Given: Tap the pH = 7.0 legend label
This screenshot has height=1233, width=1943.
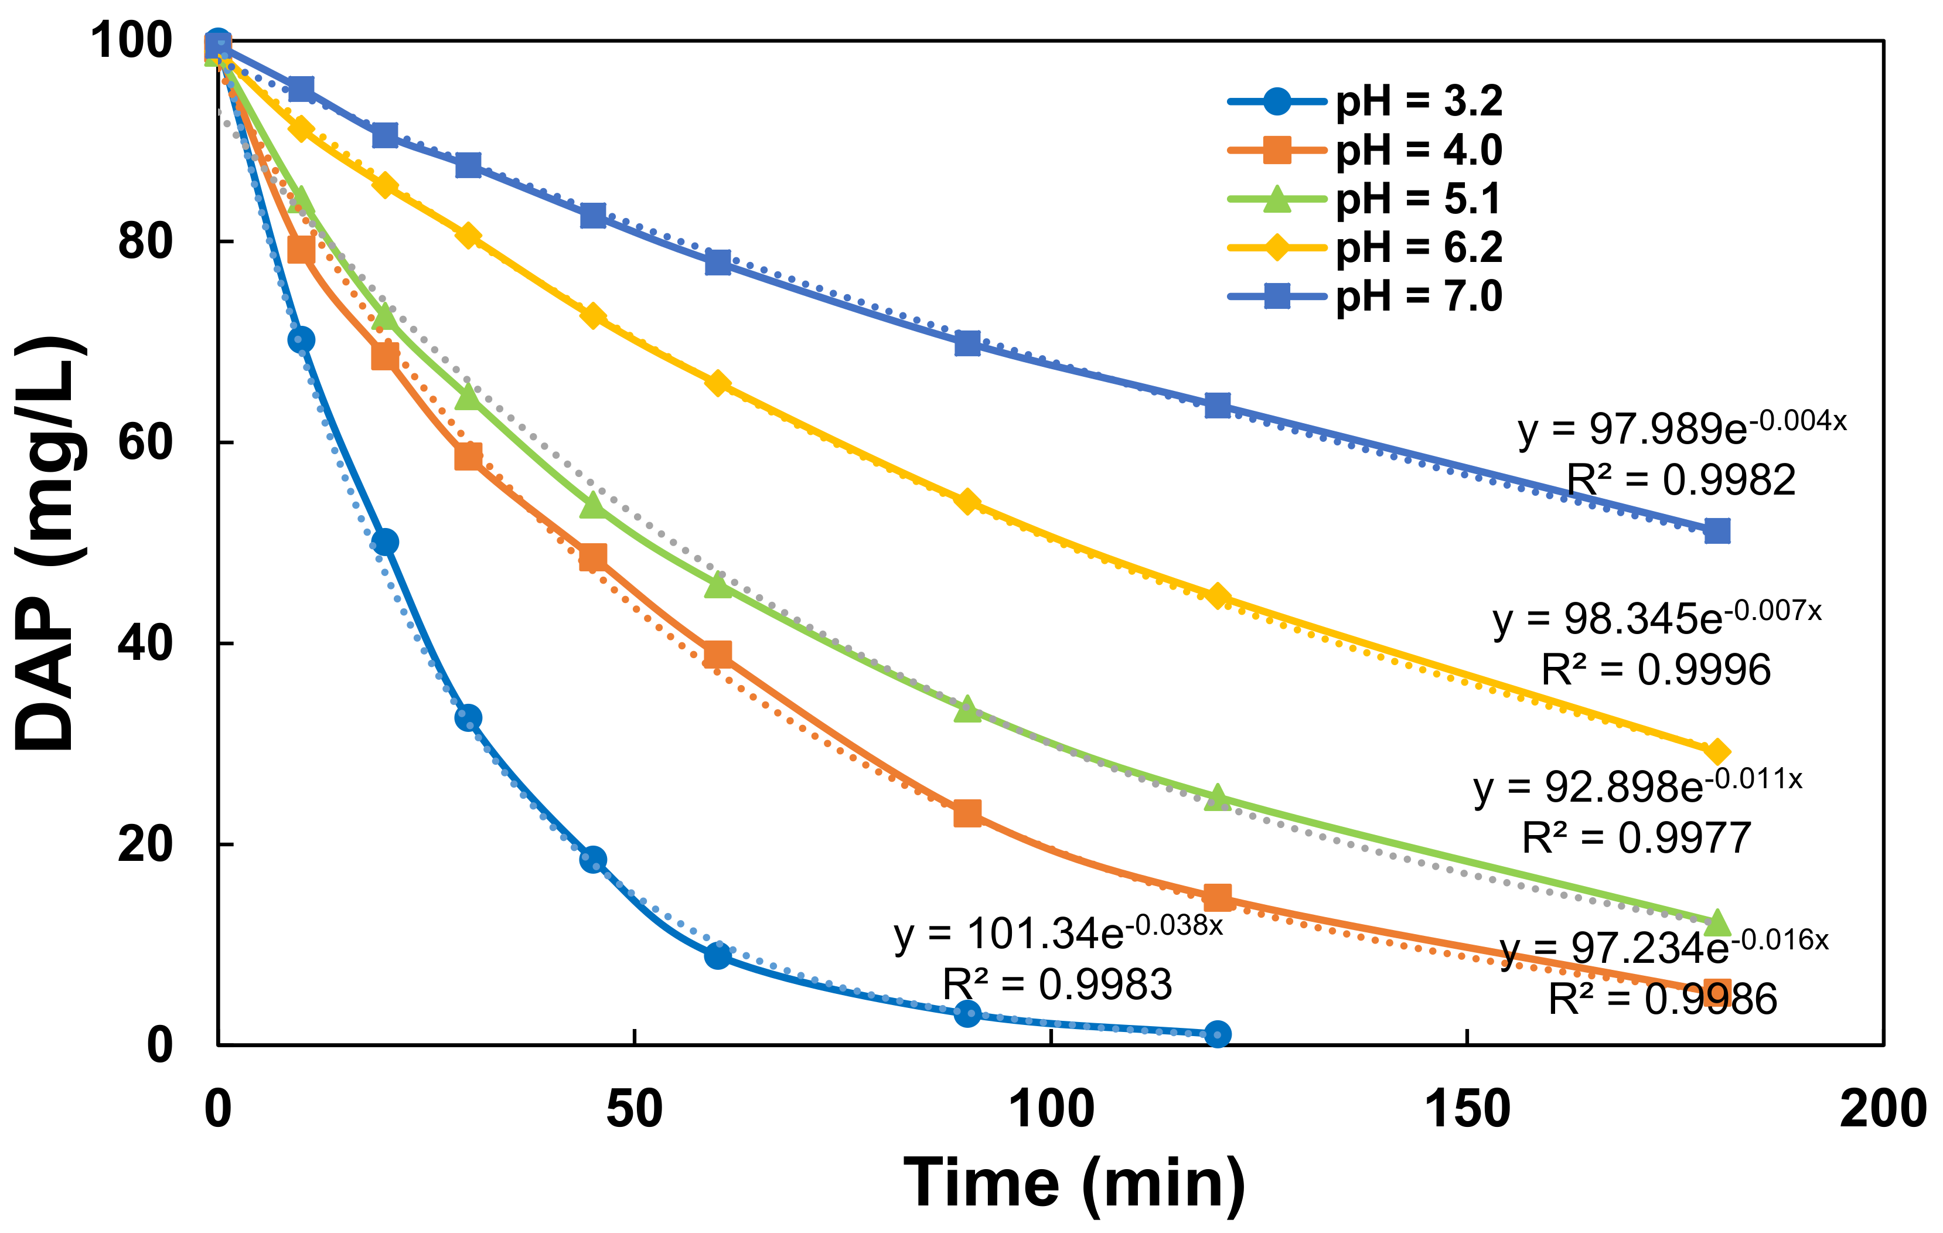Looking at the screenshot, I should point(1418,296).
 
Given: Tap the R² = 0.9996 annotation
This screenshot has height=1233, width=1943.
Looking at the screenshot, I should point(1656,669).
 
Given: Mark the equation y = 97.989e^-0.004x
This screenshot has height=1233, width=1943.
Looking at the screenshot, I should point(1682,428).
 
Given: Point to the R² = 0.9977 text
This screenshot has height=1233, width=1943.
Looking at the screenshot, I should point(1637,837).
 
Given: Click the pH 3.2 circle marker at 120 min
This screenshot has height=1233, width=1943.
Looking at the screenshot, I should point(1218,1034).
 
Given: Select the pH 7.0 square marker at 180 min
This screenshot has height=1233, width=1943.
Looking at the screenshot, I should point(1717,531).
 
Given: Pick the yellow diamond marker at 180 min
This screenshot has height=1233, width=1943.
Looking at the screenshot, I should point(1717,752).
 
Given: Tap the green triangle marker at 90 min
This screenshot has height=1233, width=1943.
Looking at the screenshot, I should point(967,709).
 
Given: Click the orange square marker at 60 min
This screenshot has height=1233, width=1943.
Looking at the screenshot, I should point(717,653).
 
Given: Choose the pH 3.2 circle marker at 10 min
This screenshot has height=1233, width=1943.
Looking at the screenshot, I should point(301,340).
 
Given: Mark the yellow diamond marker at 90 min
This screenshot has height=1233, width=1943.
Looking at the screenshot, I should point(967,502).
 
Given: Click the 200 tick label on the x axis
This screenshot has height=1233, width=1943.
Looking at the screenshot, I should point(1883,1109).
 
